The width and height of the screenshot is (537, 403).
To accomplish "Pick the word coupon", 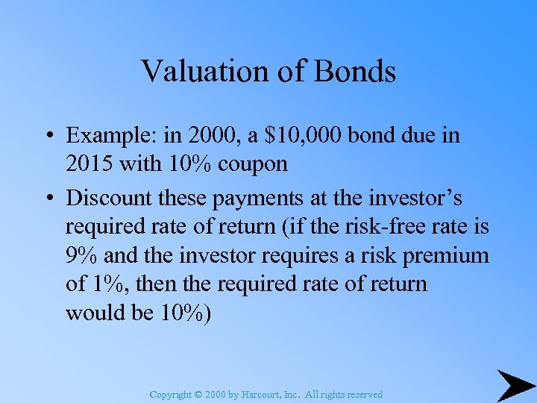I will [252, 164].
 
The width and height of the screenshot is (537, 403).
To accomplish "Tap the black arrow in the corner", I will [515, 385].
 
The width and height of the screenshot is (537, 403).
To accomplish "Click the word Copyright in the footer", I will [169, 395].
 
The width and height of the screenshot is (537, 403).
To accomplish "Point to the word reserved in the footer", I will [365, 395].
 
